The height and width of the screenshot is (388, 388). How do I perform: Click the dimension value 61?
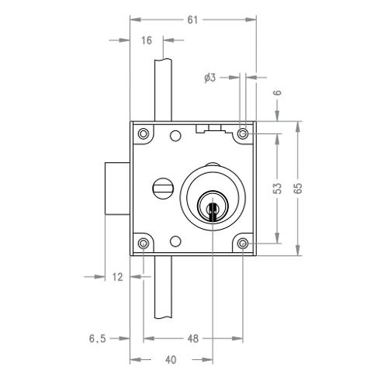click(192, 20)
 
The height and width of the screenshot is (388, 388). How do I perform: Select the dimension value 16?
click(147, 40)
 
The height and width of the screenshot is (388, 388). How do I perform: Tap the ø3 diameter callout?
click(210, 78)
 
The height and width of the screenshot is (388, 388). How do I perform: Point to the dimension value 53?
click(277, 189)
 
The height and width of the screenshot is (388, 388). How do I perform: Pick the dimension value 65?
click(298, 188)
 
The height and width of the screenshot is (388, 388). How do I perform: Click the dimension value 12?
click(117, 277)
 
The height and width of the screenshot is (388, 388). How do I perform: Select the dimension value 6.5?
click(98, 338)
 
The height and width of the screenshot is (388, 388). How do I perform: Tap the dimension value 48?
click(193, 338)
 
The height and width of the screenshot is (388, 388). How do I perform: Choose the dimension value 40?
click(171, 360)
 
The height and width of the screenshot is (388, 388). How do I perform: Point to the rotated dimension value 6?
click(278, 92)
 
